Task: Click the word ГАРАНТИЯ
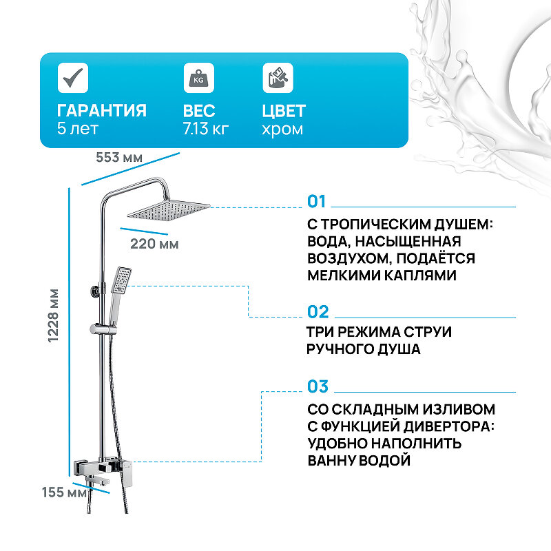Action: [101, 111]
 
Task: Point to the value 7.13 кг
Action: [206, 129]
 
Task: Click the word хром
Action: [282, 129]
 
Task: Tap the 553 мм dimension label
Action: [119, 158]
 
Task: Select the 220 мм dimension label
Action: [154, 244]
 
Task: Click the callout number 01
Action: [317, 201]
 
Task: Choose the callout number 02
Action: [318, 312]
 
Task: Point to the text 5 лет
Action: [78, 129]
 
